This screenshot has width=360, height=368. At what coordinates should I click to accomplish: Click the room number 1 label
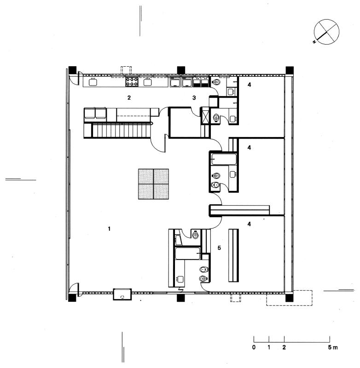coord(109,228)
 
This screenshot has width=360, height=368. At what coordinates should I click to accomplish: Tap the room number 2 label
coord(129,98)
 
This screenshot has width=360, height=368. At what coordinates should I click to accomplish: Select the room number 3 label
coord(194,98)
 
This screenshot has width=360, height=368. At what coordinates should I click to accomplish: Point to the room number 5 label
coord(219,247)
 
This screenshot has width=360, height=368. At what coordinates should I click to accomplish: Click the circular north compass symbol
coord(326,32)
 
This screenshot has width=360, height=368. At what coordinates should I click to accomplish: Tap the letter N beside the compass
coord(314,42)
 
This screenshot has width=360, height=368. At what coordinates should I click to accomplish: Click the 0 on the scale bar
coord(254,347)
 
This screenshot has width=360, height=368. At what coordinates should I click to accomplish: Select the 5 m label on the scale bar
coord(333,347)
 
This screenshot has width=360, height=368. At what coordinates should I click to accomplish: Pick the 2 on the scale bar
coord(284,347)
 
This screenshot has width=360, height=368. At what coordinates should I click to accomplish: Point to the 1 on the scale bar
coord(269,347)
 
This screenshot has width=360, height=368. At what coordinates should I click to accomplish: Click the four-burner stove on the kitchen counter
coord(132,82)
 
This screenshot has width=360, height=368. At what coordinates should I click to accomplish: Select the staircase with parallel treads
coord(122,131)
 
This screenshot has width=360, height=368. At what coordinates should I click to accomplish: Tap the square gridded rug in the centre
coord(153,184)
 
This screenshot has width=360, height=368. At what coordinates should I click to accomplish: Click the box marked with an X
coord(205,116)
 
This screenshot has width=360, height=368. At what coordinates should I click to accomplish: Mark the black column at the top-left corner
coord(72,70)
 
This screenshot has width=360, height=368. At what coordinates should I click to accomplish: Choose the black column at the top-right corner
coord(290,70)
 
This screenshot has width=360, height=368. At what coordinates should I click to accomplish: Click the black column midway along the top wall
coord(181,70)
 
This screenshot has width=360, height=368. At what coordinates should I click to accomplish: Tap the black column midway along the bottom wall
coord(181,298)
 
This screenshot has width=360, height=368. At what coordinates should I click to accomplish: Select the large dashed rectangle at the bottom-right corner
coord(289,298)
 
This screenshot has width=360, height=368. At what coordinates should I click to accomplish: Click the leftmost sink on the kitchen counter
coord(93,82)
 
